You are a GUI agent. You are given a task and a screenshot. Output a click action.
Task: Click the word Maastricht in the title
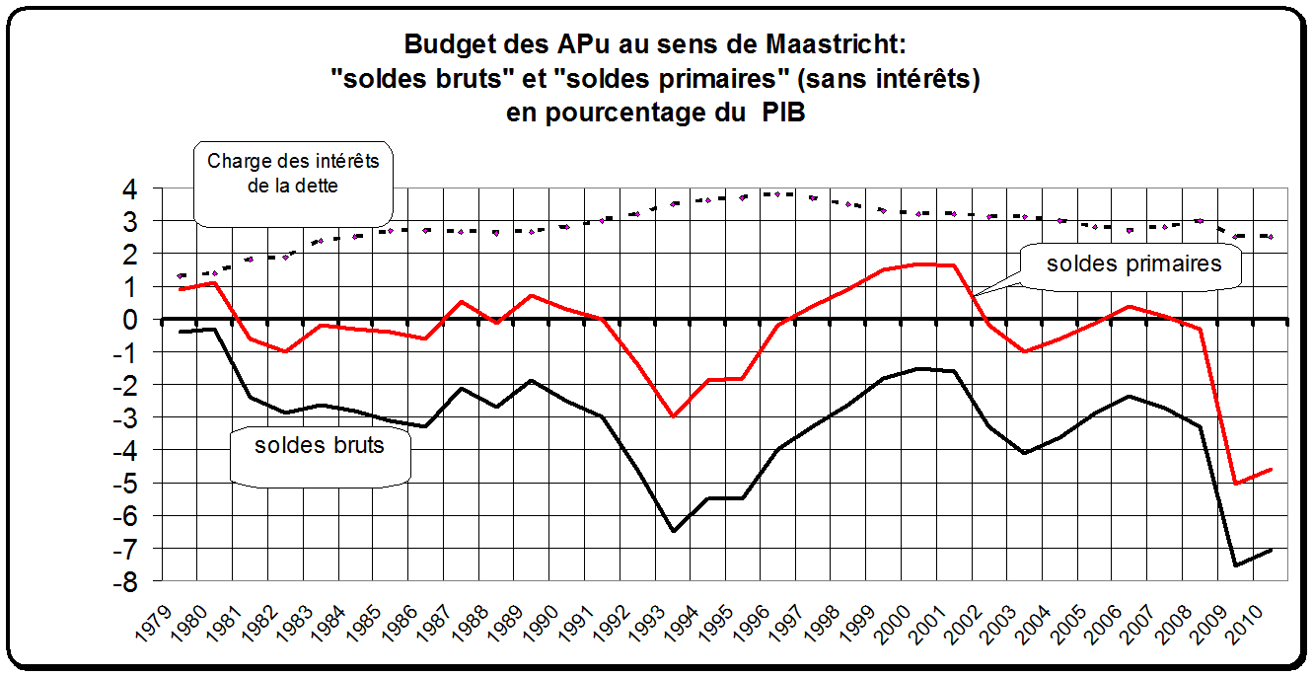[x=839, y=44]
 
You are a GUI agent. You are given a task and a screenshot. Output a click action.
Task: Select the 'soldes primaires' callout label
[x=1133, y=263]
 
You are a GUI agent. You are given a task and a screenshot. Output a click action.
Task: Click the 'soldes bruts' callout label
[x=319, y=445]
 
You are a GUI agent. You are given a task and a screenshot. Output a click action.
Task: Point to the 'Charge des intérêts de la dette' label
[x=293, y=172]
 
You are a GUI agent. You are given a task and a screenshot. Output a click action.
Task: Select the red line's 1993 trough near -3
[x=674, y=416]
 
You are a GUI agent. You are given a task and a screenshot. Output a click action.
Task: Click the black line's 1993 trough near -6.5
[x=674, y=531]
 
